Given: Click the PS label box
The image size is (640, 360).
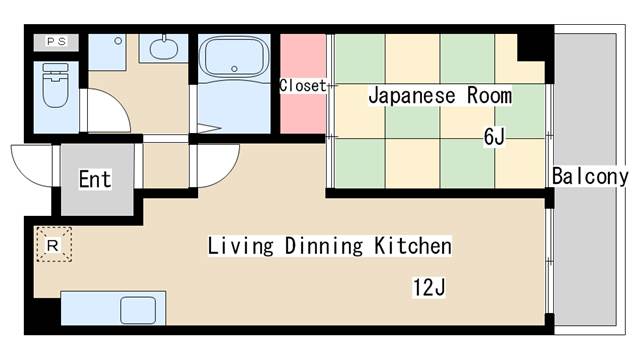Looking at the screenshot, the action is (x=56, y=42).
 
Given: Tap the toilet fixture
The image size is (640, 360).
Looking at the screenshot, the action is (x=56, y=86).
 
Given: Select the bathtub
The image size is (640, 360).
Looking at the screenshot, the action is (x=234, y=57).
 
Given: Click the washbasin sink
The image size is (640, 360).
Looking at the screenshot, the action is (x=164, y=49).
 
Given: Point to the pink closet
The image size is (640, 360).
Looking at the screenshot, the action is (x=303, y=84).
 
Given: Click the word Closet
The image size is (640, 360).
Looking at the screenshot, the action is (x=302, y=86).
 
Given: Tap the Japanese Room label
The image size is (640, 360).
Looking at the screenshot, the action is (x=440, y=96).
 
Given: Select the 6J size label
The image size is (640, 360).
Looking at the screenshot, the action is (x=494, y=136).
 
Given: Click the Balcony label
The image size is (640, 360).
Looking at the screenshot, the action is (x=590, y=176).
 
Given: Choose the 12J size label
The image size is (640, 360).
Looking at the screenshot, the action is (x=429, y=287).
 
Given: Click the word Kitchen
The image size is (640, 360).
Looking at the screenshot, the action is (x=413, y=246).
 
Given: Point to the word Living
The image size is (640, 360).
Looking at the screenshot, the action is (x=240, y=246).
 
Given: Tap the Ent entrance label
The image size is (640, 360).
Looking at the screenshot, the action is (x=95, y=179).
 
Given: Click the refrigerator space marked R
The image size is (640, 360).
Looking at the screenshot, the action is (x=53, y=245).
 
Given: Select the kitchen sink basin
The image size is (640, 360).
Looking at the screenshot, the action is (x=138, y=310).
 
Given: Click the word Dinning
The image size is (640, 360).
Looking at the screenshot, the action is (x=324, y=246).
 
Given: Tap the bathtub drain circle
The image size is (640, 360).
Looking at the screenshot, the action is (x=234, y=69).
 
